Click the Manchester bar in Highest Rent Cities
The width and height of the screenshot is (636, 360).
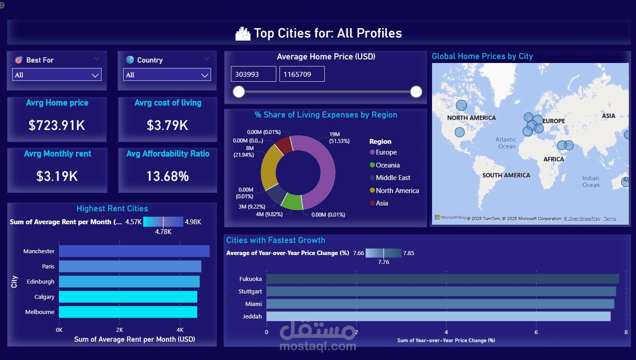click(x=134, y=251)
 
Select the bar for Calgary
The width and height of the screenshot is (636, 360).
click(x=128, y=297)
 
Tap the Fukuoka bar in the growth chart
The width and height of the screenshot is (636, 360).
click(x=442, y=279)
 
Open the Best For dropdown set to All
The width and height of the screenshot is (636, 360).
click(x=57, y=75)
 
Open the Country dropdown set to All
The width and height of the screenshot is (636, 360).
click(x=167, y=75)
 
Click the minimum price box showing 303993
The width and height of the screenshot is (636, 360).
click(x=253, y=74)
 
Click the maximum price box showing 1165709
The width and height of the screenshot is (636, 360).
click(x=302, y=74)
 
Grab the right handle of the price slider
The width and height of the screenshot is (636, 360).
click(x=416, y=92)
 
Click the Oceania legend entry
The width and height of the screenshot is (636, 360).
click(x=387, y=165)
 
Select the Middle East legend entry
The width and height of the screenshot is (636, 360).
click(x=393, y=177)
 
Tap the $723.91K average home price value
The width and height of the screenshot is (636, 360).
click(x=57, y=126)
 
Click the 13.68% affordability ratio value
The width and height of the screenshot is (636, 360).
click(x=167, y=176)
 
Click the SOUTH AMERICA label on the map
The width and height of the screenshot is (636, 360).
click(x=506, y=175)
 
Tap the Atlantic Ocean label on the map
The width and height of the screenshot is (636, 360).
click(x=506, y=143)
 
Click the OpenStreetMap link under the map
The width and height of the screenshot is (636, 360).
click(x=582, y=218)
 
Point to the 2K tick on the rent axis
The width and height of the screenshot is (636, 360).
click(x=120, y=330)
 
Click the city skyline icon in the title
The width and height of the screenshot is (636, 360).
click(x=243, y=33)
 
